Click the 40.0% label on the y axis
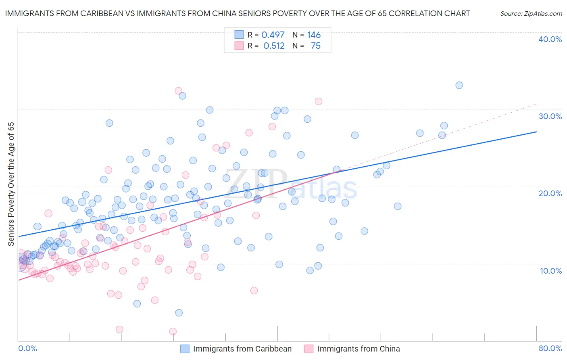click(x=550, y=39)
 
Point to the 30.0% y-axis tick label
click(x=550, y=116)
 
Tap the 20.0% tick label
click(x=550, y=193)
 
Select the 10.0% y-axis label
click(x=551, y=271)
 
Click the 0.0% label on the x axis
click(x=27, y=348)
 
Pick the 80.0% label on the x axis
click(x=550, y=348)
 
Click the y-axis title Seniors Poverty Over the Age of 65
click(x=11, y=184)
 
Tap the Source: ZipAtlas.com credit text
click(x=531, y=14)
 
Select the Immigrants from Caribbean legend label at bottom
click(x=242, y=349)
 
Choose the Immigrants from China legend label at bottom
click(x=359, y=349)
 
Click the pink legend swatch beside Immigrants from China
click(x=309, y=349)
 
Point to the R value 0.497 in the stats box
click(x=273, y=35)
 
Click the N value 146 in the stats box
click(x=314, y=35)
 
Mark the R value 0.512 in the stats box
click(x=274, y=46)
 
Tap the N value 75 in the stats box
click(x=316, y=46)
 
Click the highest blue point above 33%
click(x=459, y=85)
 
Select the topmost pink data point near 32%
click(x=178, y=91)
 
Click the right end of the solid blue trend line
click(x=537, y=132)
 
